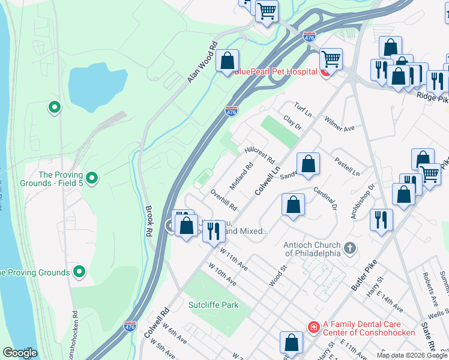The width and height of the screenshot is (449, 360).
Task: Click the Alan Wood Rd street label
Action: pyautogui.click(x=202, y=62)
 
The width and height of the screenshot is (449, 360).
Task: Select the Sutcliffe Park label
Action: pyautogui.click(x=214, y=305)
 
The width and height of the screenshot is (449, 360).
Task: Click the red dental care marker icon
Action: pyautogui.click(x=313, y=327)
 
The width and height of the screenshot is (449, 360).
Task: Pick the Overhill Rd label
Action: pyautogui.click(x=224, y=200)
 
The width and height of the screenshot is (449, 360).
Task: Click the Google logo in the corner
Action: pyautogui.click(x=20, y=353)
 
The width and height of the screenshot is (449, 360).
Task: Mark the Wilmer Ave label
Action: pyautogui.click(x=340, y=124)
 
